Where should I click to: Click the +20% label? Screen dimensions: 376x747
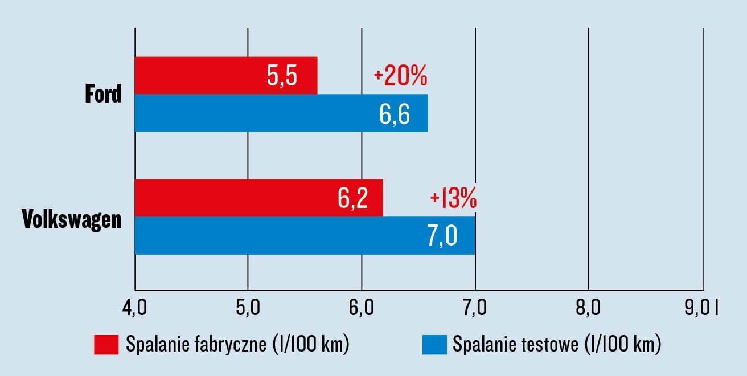400,76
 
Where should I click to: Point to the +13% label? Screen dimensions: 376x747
453,199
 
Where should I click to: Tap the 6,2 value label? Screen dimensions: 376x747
352,198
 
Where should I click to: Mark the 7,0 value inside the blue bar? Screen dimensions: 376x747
442,236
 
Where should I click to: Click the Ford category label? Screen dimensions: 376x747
103,94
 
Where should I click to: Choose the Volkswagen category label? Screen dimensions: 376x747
72,219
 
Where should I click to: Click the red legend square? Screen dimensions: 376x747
106,345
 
